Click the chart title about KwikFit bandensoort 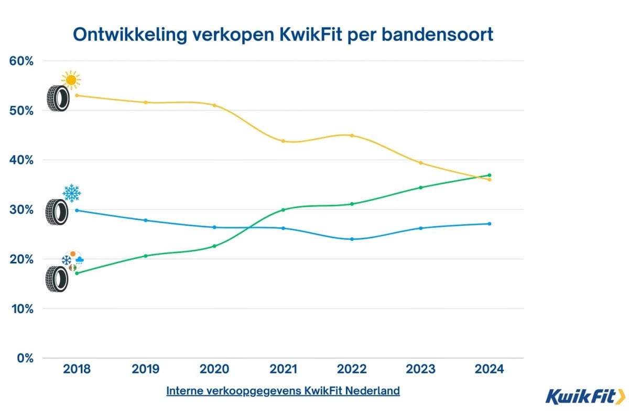coord(283,34)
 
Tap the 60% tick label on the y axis coord(21,61)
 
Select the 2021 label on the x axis coord(283,369)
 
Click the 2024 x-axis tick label coord(490,369)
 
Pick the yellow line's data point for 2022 coord(352,136)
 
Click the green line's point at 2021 coord(283,210)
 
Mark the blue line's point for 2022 coord(352,239)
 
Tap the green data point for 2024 coord(490,175)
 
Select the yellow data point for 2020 coord(214,105)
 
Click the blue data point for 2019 coord(146,220)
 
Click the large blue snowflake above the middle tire coord(71,193)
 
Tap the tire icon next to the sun coord(58,98)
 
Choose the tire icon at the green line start coord(57,279)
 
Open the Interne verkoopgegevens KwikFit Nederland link coord(283,391)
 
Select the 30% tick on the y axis coord(21,210)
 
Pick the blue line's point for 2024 coord(490,224)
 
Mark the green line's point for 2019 coord(146,256)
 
